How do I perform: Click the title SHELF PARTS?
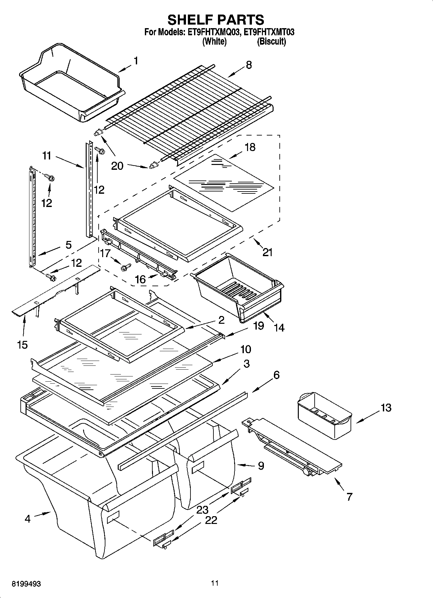[216, 20]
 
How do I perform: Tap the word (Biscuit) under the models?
[271, 41]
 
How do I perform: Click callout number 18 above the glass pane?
[250, 147]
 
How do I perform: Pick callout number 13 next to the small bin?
[386, 408]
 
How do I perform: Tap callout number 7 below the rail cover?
[349, 496]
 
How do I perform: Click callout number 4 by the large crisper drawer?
[27, 519]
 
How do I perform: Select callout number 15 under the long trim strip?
[22, 345]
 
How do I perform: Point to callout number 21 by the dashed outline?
[267, 252]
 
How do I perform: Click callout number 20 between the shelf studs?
[117, 166]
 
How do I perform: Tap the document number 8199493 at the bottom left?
[26, 584]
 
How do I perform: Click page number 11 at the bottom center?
[215, 583]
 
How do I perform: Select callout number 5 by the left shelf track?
[68, 245]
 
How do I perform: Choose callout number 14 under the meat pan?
[279, 328]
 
